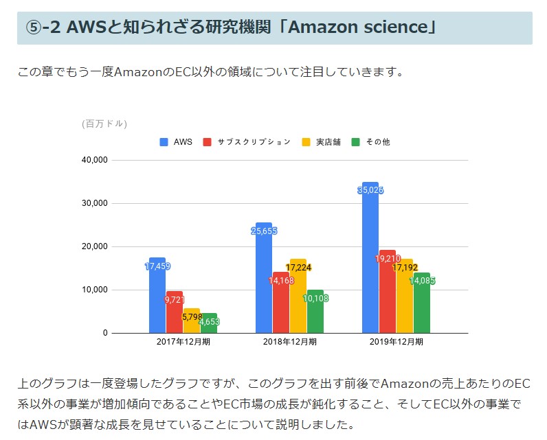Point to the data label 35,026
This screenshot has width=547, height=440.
click(x=370, y=190)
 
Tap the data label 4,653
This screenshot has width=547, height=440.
click(x=208, y=321)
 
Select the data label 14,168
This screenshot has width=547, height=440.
click(x=281, y=280)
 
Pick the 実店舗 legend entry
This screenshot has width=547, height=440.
click(x=323, y=142)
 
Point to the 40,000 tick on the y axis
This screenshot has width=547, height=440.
click(x=95, y=160)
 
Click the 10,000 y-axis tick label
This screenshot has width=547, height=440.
click(x=95, y=290)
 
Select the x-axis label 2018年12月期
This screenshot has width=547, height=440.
click(x=289, y=341)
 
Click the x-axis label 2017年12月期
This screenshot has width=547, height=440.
click(x=183, y=341)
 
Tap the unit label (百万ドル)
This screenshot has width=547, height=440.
click(x=104, y=124)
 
